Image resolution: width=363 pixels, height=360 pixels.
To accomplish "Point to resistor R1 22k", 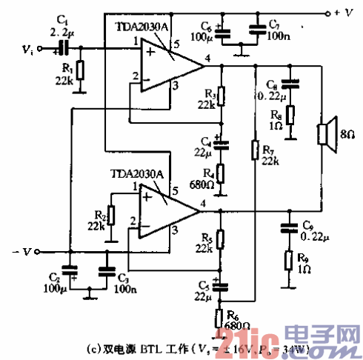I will [80, 70].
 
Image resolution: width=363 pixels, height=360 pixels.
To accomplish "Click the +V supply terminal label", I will [347, 13].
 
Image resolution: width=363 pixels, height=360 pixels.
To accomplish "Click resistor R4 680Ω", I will [219, 176].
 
